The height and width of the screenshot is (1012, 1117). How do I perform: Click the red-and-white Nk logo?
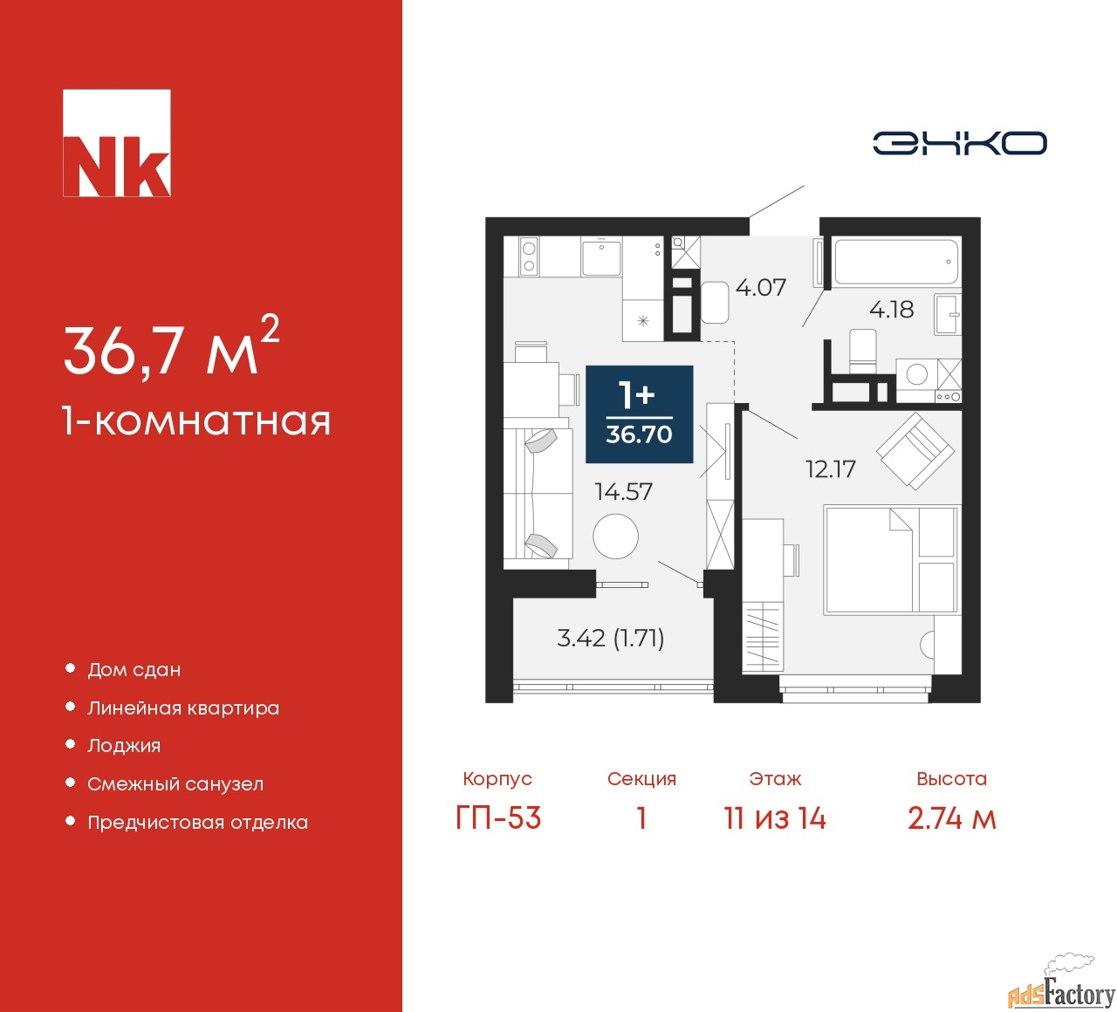click(116, 143)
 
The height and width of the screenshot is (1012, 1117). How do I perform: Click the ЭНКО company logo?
click(959, 143)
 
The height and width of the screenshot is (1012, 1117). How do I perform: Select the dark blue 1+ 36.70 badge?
click(640, 414)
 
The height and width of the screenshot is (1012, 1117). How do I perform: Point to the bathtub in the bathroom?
click(896, 261)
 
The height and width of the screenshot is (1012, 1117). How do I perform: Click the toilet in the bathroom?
click(862, 350)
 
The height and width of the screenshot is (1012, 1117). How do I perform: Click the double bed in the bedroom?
click(892, 559)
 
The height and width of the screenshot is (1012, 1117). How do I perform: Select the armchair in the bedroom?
click(915, 451)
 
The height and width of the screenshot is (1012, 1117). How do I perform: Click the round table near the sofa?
click(615, 537)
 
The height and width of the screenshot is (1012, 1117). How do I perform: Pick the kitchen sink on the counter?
click(601, 257)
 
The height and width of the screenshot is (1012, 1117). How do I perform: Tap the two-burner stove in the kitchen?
click(529, 256)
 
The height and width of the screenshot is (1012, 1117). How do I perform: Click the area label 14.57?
click(623, 492)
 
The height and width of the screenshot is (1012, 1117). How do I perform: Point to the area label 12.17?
click(830, 468)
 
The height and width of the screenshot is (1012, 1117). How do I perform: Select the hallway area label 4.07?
click(761, 287)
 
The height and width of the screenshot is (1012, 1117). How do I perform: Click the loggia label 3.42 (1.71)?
click(610, 638)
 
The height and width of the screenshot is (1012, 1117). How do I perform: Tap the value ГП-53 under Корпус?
click(497, 818)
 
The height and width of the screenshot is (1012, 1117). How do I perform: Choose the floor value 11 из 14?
click(775, 818)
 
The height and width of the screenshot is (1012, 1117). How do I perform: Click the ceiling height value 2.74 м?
click(951, 818)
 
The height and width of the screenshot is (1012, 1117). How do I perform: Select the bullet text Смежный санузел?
click(175, 783)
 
